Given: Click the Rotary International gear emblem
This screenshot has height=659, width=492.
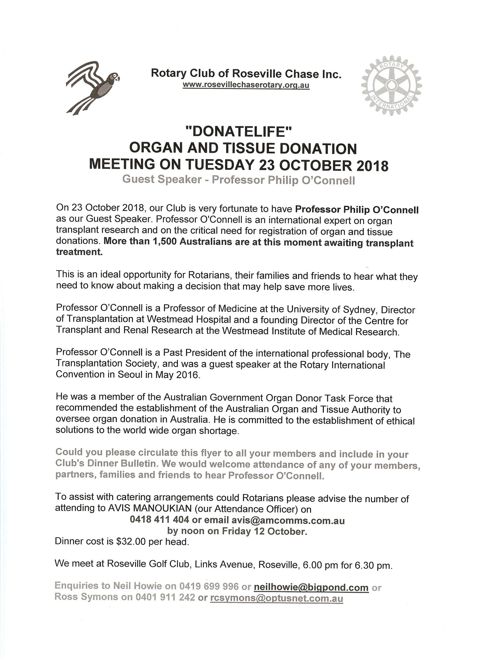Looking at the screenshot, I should tap(391, 86).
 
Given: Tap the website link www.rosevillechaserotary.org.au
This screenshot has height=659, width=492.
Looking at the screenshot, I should tap(246, 85).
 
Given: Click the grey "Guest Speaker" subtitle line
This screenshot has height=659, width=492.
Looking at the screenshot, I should tap(238, 180).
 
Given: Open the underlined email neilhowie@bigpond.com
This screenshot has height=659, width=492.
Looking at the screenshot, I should tap(311, 588).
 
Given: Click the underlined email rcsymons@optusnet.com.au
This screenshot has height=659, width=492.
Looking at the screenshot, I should tap(277, 598).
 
